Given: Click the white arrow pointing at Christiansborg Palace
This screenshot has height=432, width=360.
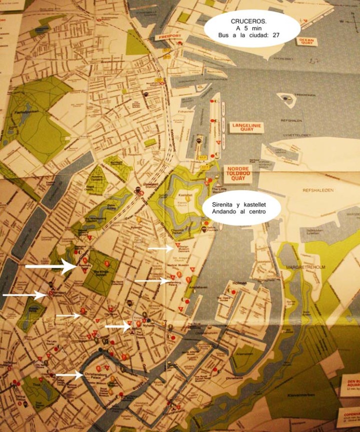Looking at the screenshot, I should pyautogui.click(x=69, y=374).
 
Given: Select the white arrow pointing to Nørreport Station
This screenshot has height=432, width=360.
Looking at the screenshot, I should pyautogui.click(x=25, y=295).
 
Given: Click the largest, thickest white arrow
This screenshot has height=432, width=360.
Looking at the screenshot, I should pyautogui.click(x=51, y=266).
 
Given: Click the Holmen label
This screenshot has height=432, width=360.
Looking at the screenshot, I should pyautogui.click(x=240, y=283).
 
